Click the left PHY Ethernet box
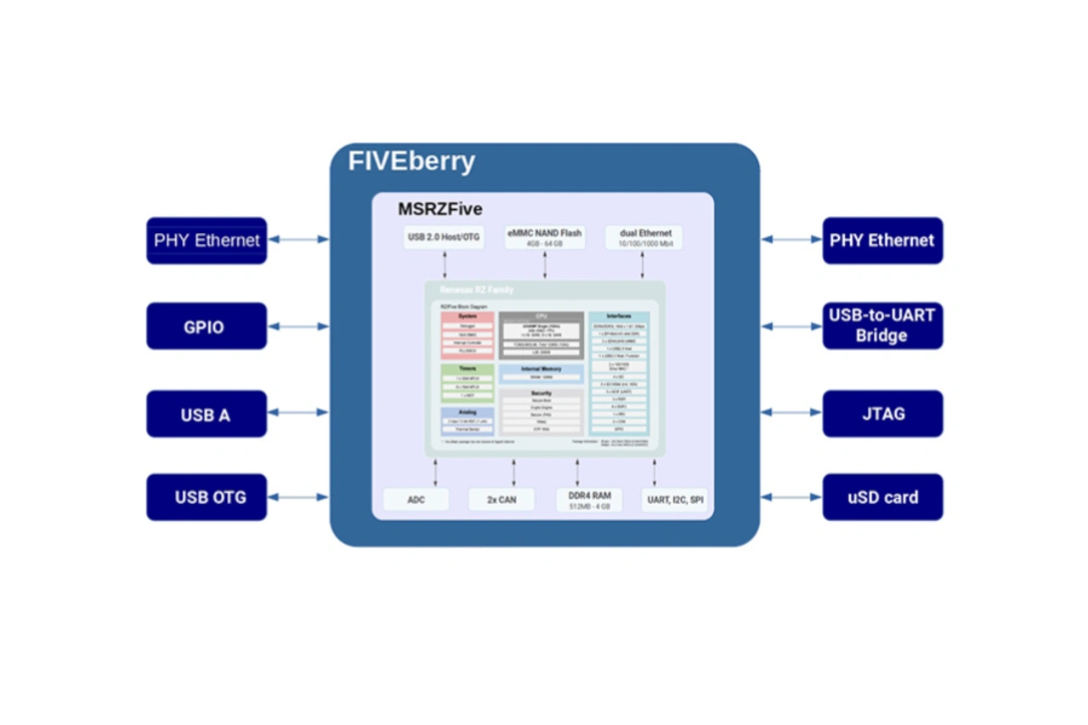click(207, 241)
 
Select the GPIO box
click(207, 326)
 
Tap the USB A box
click(207, 414)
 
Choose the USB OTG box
click(207, 497)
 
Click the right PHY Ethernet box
click(882, 241)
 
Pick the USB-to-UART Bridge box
click(882, 326)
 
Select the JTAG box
click(882, 414)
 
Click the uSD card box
click(882, 497)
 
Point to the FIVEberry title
click(411, 161)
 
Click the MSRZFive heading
click(440, 209)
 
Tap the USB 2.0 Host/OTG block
click(444, 237)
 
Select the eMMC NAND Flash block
click(545, 237)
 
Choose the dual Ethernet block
click(643, 237)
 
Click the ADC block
click(416, 500)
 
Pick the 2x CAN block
click(501, 500)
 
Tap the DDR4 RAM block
click(589, 500)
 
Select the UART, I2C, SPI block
click(676, 500)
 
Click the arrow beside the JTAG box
click(791, 412)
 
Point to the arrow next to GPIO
click(298, 326)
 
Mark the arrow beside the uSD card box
click(791, 497)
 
